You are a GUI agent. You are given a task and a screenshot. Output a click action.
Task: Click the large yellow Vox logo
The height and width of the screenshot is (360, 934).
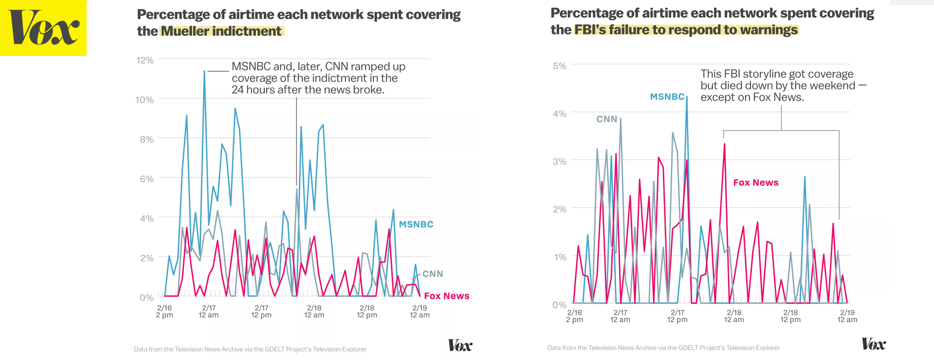(x=43, y=28)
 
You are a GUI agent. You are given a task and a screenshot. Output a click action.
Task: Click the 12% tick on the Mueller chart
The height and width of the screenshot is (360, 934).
(x=145, y=60)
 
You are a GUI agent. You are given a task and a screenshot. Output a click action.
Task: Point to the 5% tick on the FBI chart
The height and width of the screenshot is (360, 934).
(x=559, y=66)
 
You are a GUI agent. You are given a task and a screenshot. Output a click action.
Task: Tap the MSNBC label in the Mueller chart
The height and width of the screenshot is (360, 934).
(x=416, y=224)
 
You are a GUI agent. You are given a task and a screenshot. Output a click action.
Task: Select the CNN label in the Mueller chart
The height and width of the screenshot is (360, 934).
(x=432, y=274)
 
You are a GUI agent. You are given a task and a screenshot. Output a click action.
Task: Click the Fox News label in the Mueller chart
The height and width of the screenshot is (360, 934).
(x=446, y=296)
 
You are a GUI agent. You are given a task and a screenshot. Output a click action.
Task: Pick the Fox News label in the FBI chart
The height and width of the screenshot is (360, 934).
(x=755, y=182)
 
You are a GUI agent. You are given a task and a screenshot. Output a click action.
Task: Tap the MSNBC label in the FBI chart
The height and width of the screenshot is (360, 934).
(x=667, y=97)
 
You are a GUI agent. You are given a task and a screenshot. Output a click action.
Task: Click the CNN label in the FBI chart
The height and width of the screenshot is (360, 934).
(x=607, y=119)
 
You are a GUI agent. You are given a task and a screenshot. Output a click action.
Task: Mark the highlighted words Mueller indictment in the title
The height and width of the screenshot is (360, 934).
(x=221, y=31)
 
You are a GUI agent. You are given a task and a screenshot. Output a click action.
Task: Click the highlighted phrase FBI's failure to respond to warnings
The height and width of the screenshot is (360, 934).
(x=686, y=30)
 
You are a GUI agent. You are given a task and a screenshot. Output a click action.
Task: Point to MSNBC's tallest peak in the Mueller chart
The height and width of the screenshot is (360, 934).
(x=204, y=72)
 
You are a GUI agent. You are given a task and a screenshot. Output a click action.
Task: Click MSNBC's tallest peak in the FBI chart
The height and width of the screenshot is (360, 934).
(x=686, y=97)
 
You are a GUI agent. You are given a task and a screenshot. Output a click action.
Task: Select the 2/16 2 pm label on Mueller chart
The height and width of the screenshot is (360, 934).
(x=164, y=311)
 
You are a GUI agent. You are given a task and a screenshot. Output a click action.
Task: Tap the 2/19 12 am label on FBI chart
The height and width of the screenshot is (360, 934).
(x=847, y=316)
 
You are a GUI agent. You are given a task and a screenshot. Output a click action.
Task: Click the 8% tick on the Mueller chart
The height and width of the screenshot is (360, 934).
(x=146, y=140)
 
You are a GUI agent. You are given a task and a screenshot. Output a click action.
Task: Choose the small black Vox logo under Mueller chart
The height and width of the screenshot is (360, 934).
(x=460, y=346)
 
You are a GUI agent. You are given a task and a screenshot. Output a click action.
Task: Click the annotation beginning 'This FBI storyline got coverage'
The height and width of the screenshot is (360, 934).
(x=777, y=86)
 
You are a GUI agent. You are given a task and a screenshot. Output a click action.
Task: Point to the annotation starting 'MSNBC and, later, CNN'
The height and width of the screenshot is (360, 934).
(x=318, y=78)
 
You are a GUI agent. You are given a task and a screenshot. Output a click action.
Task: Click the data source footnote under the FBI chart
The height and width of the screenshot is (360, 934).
(x=663, y=348)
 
